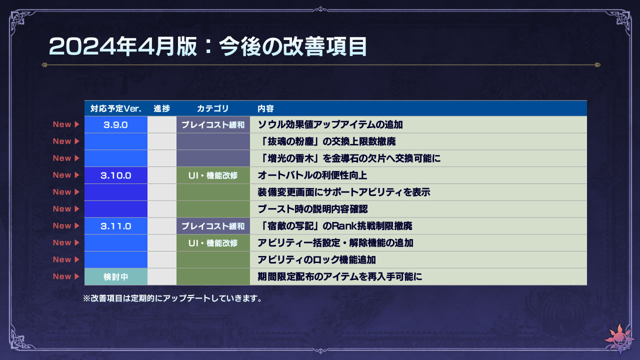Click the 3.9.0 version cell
(115, 124)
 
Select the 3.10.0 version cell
(115, 175)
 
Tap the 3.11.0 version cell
(115, 226)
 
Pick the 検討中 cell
(115, 276)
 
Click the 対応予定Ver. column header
(115, 108)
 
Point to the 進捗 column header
(161, 108)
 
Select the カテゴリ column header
(213, 108)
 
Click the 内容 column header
(265, 108)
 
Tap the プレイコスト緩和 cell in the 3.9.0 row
(213, 124)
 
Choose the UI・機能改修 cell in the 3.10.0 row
(213, 175)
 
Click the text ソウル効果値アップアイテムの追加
(330, 124)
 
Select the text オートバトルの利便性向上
(312, 175)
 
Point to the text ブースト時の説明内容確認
(312, 209)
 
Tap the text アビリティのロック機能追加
(316, 259)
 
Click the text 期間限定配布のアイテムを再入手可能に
(339, 276)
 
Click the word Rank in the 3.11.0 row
(344, 226)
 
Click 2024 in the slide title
(82, 46)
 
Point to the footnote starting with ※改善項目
(172, 298)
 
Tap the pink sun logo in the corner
(619, 339)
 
